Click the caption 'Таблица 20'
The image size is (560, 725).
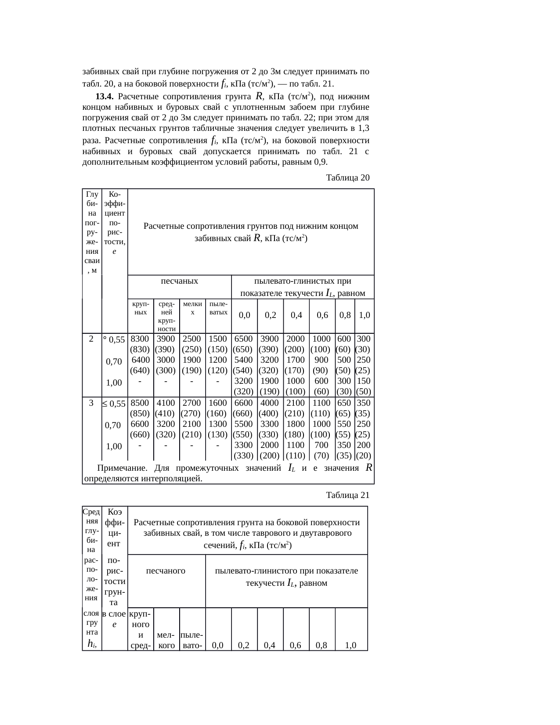coord(347,178)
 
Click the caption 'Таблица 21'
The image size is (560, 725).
coord(347,495)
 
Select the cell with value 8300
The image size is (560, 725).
coord(140,339)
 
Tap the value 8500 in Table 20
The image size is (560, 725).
coord(140,403)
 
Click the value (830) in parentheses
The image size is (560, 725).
coord(140,350)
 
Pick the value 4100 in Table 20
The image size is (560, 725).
coord(166,403)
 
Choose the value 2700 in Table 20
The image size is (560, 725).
coord(192,403)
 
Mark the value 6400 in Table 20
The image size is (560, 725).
coord(140,360)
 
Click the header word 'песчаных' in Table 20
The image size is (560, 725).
coord(179,281)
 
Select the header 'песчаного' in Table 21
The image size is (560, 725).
coord(166,571)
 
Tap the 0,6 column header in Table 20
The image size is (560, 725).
coord(322,315)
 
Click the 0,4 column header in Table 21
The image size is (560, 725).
coord(270,646)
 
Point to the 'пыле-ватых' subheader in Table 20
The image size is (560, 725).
coord(218,308)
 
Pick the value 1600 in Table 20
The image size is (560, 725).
coord(218,403)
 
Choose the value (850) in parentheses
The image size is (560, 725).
coord(140,414)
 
